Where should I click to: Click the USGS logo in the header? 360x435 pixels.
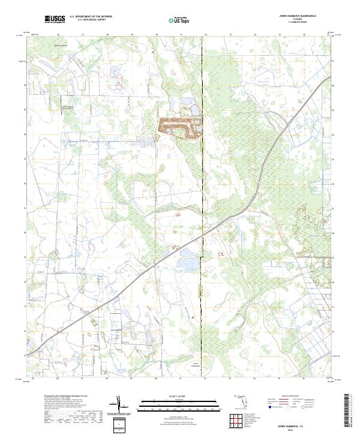pyautogui.click(x=55, y=20)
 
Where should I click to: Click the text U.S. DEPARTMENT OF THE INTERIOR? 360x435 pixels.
pyautogui.click(x=91, y=17)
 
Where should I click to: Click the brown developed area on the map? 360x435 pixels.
pyautogui.click(x=179, y=125)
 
